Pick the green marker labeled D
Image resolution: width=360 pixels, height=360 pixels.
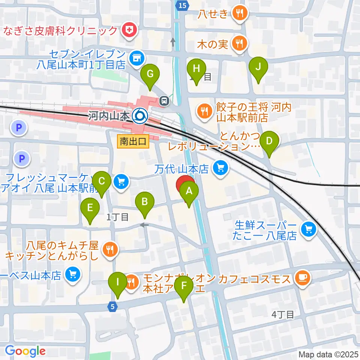coord(269,142)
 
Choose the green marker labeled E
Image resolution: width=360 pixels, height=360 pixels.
coord(90,208)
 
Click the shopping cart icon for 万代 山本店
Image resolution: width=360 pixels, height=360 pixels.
coord(220,167)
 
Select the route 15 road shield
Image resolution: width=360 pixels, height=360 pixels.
coord(181,5)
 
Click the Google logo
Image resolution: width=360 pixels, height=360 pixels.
coord(25,351)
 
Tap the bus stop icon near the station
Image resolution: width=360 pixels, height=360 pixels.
coord(164,100)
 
